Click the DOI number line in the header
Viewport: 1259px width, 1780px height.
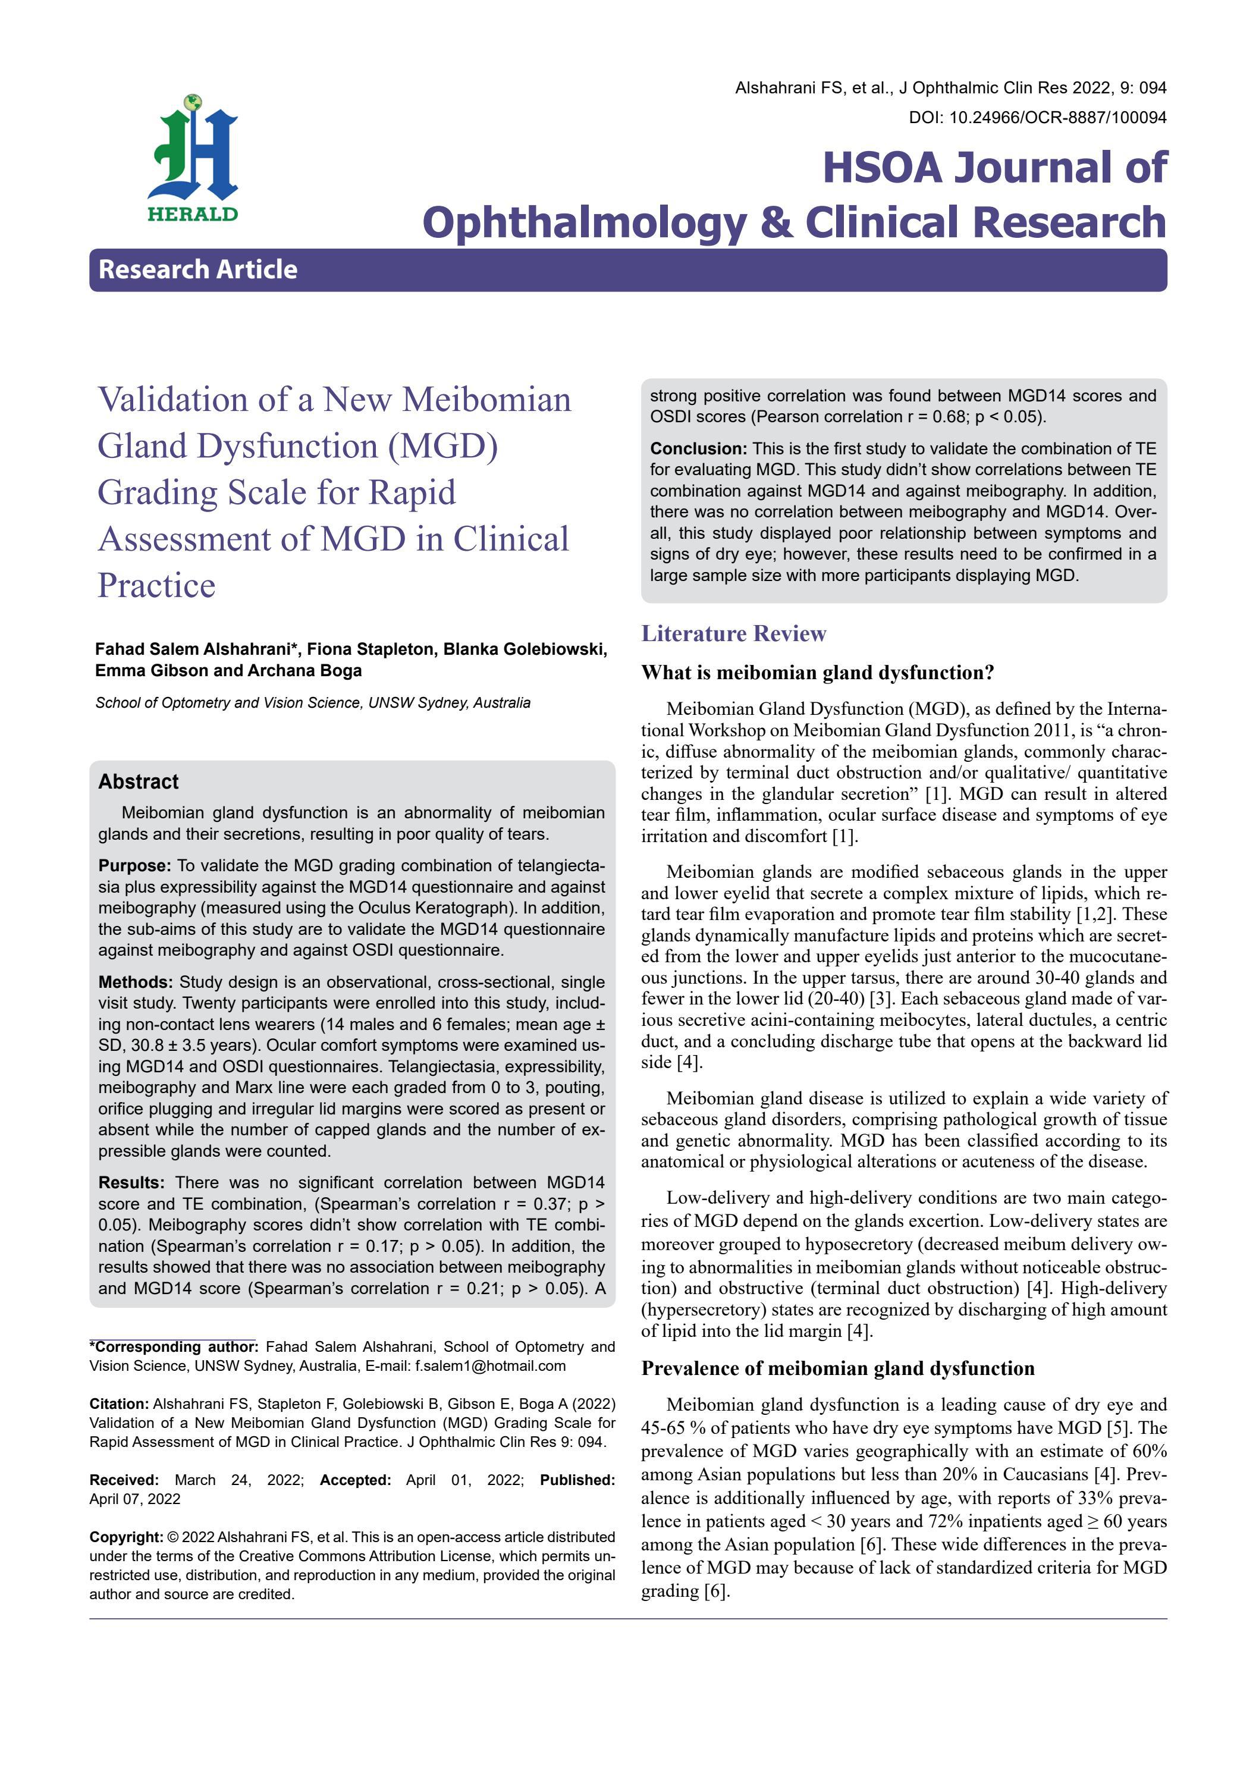pos(1037,118)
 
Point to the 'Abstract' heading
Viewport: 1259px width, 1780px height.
pos(138,781)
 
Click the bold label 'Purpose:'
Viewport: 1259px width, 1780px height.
pos(134,865)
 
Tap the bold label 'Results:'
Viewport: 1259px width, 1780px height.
pos(131,1182)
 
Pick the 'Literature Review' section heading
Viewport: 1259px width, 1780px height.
pos(733,633)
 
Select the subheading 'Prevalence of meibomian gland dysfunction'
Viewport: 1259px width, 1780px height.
pos(837,1368)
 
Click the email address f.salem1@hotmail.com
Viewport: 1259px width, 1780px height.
pos(490,1366)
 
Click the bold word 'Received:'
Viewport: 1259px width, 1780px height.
pos(123,1480)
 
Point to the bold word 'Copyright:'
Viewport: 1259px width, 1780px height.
pos(126,1537)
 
